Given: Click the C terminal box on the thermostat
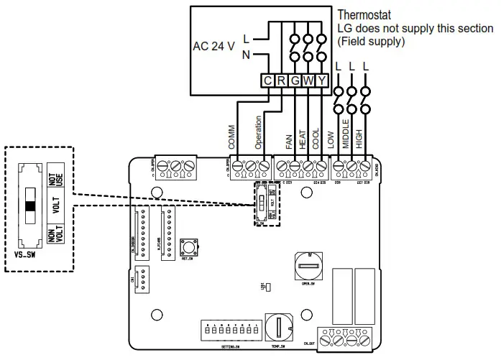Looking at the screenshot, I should [267, 81].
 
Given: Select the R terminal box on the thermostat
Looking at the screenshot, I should [281, 81].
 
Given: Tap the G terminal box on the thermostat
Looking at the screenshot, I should [295, 81].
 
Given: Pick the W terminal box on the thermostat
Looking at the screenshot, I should [308, 81].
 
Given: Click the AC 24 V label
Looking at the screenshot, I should [214, 46].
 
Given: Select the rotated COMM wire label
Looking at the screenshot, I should [232, 137].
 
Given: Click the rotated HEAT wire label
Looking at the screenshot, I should [301, 138].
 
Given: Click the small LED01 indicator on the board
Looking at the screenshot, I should [267, 288].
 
